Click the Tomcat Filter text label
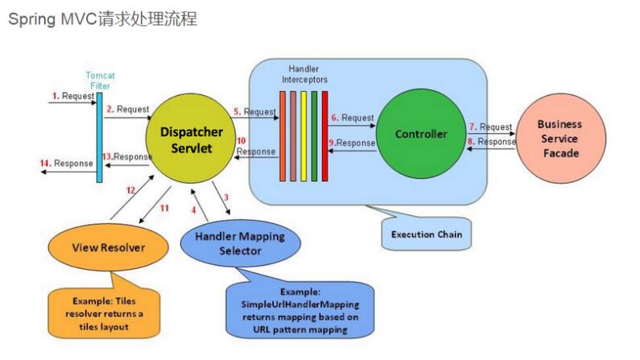(x=100, y=81)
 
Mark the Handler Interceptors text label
(x=304, y=75)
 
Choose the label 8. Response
(x=492, y=142)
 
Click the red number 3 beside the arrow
(x=226, y=197)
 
